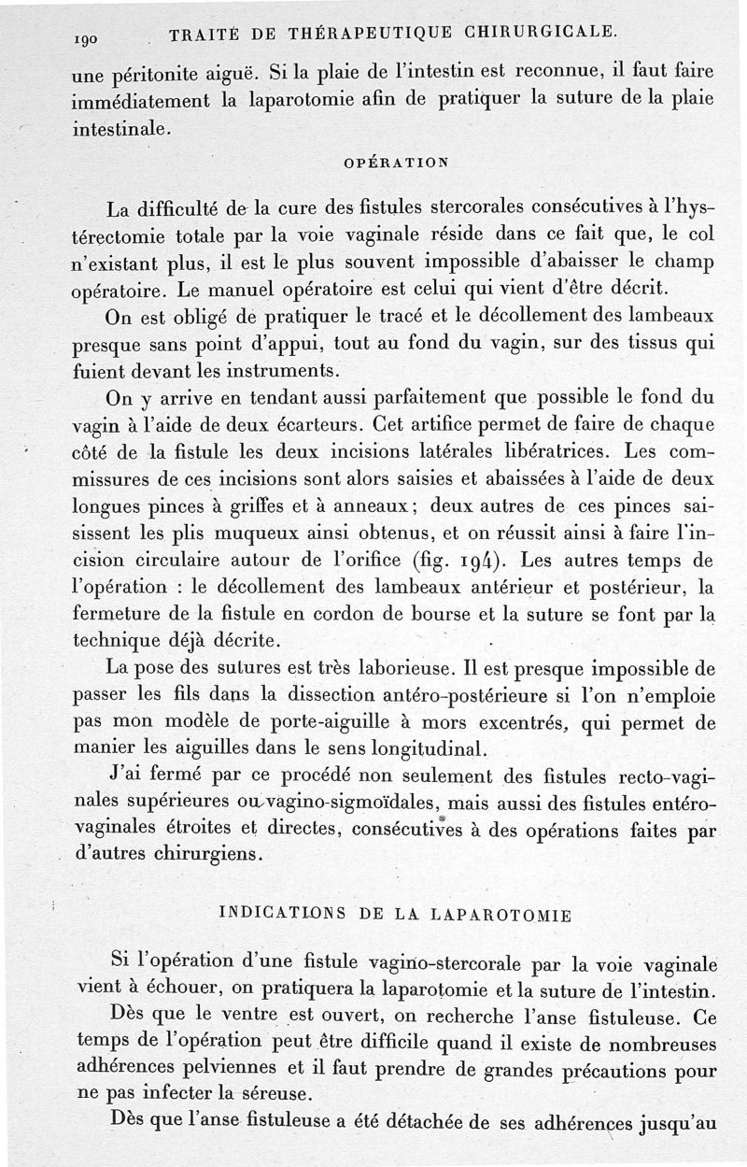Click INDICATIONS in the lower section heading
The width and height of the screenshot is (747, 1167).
[x=275, y=913]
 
